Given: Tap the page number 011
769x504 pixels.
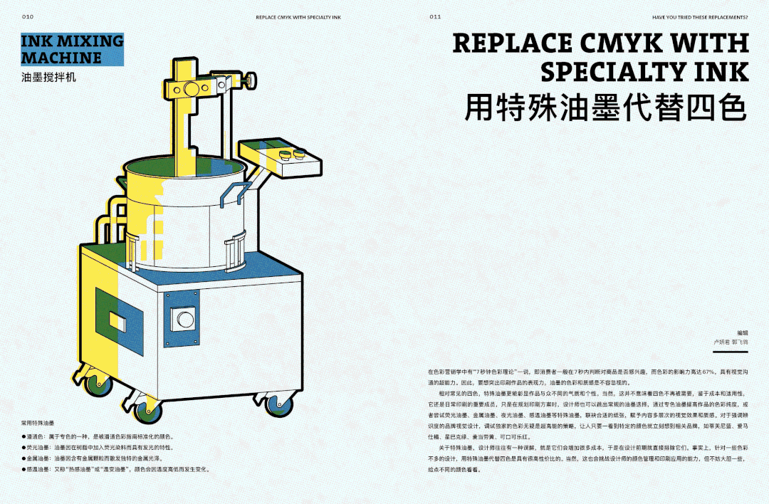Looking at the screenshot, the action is click(435, 16).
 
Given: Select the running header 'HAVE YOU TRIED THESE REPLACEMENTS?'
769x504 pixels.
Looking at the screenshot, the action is click(700, 16).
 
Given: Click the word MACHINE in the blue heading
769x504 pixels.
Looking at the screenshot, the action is click(61, 58).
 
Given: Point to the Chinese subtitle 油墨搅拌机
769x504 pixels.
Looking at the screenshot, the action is click(48, 77).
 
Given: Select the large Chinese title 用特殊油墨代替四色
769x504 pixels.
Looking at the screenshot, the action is click(606, 108).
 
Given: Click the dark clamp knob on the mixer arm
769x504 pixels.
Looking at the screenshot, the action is click(250, 83).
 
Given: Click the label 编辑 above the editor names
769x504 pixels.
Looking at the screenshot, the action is click(743, 332).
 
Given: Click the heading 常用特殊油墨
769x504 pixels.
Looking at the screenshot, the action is click(37, 423).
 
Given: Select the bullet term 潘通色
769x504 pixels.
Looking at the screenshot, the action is click(36, 436).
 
